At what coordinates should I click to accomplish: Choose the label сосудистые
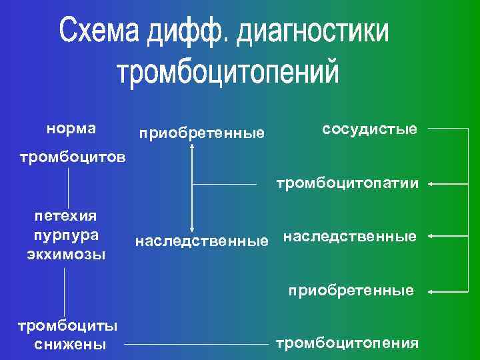point(369,128)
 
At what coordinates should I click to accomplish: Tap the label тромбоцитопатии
point(348,183)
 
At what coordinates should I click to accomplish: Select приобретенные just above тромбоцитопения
point(351,291)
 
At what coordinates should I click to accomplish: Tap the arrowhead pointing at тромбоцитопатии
point(431,183)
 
